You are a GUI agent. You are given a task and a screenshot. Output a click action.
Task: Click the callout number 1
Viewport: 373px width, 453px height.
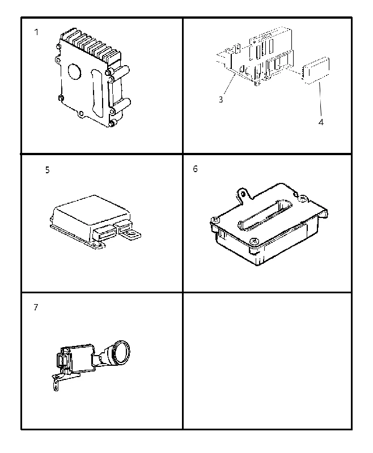(36, 32)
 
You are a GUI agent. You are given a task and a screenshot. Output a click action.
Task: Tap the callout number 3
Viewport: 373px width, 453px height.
(221, 100)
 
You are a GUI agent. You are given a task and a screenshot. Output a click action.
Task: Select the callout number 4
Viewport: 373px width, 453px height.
(321, 122)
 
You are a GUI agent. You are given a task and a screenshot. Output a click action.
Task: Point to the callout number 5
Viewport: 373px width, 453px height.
(48, 170)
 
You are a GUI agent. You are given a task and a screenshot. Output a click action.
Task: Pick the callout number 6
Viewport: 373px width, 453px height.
(196, 169)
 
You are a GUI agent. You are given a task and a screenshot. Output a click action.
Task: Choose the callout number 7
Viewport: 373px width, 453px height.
(36, 307)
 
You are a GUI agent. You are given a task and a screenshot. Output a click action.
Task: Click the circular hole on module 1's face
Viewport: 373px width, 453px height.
(75, 71)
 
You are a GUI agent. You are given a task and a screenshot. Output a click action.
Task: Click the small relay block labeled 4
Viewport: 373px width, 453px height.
(315, 71)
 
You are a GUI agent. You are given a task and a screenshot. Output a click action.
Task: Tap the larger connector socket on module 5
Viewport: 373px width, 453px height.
(104, 232)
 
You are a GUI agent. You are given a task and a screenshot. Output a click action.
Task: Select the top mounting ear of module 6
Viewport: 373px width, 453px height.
(244, 194)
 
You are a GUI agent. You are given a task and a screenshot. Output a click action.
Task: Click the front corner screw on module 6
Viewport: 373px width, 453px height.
(254, 241)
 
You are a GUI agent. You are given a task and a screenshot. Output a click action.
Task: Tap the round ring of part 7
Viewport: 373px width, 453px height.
(121, 352)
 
